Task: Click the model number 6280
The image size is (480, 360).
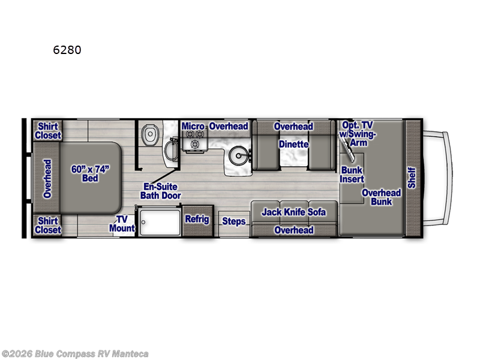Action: click(67, 50)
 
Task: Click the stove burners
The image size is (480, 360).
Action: click(195, 143)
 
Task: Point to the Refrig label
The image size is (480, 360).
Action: click(197, 220)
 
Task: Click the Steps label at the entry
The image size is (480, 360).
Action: click(234, 221)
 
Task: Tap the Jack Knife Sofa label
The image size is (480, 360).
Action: click(293, 212)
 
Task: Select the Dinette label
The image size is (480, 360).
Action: click(293, 145)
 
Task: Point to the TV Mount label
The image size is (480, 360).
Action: click(122, 224)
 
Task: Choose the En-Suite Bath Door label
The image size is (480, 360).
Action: click(160, 191)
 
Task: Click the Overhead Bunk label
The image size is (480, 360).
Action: click(381, 197)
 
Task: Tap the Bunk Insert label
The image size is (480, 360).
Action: click(352, 175)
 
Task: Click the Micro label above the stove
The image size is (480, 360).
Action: click(194, 127)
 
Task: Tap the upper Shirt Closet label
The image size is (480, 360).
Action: click(48, 131)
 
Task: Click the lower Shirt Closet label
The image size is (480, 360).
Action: click(48, 226)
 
